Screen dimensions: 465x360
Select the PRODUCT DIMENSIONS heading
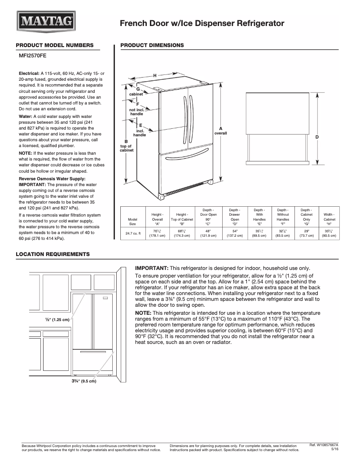click(152, 45)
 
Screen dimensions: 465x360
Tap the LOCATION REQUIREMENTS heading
click(53, 254)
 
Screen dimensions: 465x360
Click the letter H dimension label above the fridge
click(154, 75)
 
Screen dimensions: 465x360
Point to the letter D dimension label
click(317, 136)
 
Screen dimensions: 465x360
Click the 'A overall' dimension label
click(220, 131)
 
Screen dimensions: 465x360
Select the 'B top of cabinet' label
click(126, 146)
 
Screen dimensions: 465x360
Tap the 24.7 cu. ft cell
click(133, 233)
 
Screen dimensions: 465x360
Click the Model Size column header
click(133, 221)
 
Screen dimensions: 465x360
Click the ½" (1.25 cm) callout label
click(57, 320)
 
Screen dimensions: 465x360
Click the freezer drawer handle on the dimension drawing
click(185, 151)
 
